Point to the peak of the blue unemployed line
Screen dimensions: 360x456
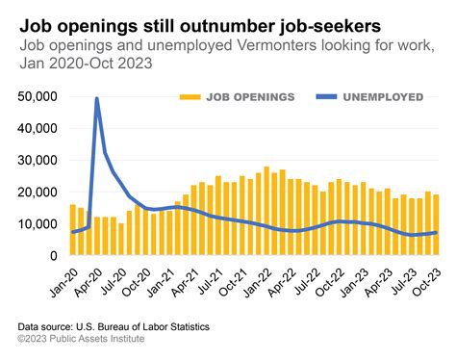[97, 98]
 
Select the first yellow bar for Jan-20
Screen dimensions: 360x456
[72, 230]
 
